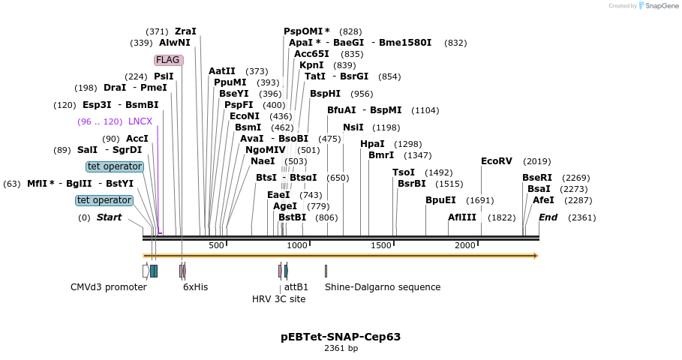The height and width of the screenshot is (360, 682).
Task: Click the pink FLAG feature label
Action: (169, 60)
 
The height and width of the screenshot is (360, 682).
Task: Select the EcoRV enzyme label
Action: (497, 161)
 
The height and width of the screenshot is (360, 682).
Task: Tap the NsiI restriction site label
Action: (353, 127)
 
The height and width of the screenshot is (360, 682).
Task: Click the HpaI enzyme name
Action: (372, 144)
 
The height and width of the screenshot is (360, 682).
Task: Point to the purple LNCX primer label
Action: (140, 121)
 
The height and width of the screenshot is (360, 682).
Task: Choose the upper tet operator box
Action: (115, 166)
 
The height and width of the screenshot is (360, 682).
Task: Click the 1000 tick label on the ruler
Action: (298, 246)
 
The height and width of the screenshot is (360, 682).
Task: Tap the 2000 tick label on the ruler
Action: (465, 246)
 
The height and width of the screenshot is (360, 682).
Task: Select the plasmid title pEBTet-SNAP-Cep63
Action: (341, 337)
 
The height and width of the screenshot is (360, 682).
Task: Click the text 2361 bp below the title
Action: (341, 348)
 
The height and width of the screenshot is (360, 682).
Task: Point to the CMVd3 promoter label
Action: (109, 287)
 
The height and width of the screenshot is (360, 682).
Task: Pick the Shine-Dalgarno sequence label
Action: (383, 287)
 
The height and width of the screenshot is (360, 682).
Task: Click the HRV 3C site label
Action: (278, 299)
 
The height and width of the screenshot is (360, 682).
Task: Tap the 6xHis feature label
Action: (196, 287)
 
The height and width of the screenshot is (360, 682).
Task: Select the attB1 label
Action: (296, 287)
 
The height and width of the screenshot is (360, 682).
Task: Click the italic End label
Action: (548, 217)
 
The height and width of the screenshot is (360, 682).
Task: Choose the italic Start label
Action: (110, 217)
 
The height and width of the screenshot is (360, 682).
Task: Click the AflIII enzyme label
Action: (462, 217)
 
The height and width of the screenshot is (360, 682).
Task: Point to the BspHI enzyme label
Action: (325, 94)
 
